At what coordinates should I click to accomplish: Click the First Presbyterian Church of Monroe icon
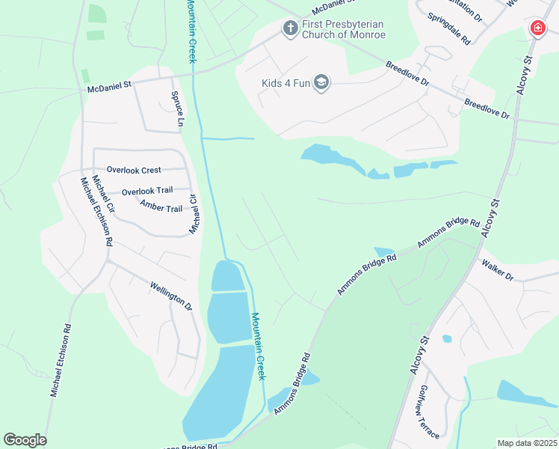pyautogui.click(x=290, y=28)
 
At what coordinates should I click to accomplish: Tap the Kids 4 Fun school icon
pyautogui.click(x=321, y=82)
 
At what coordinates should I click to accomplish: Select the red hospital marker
pyautogui.click(x=537, y=28)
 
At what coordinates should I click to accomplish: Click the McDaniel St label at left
pyautogui.click(x=109, y=86)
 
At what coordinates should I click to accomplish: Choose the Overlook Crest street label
pyautogui.click(x=134, y=170)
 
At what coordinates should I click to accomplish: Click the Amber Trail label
pyautogui.click(x=161, y=204)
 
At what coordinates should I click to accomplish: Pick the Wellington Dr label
pyautogui.click(x=171, y=296)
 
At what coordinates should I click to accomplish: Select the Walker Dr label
pyautogui.click(x=498, y=269)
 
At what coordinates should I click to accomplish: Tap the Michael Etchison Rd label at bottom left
pyautogui.click(x=61, y=360)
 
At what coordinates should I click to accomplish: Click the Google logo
pyautogui.click(x=25, y=440)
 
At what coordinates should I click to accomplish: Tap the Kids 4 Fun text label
pyautogui.click(x=285, y=83)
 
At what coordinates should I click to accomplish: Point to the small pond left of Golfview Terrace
pyautogui.click(x=447, y=339)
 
